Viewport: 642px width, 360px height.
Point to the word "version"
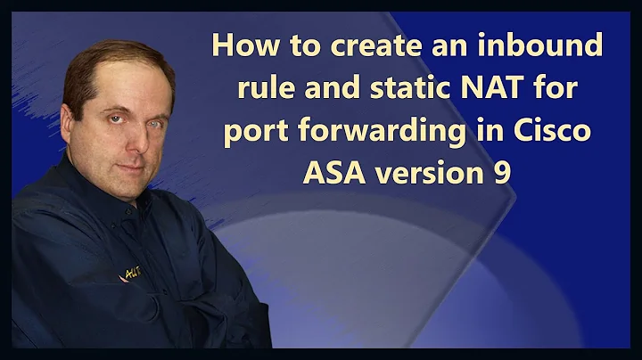430,171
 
